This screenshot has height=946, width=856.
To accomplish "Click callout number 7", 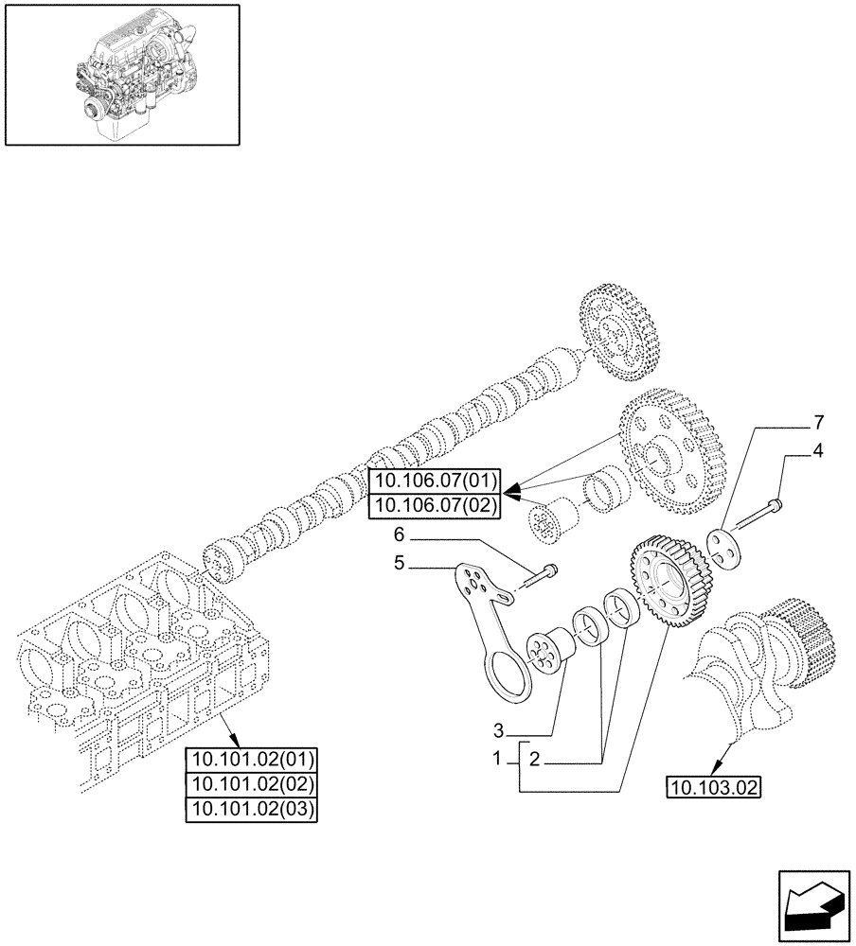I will [x=818, y=420].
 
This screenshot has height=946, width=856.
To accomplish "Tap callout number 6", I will [x=400, y=534].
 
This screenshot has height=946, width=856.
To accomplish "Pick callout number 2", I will [x=535, y=760].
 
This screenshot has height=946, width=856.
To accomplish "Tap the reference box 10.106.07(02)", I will [x=436, y=504].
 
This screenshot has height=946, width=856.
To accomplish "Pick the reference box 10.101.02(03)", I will [x=253, y=809].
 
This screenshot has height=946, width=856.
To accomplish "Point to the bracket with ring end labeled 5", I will [x=493, y=634].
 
